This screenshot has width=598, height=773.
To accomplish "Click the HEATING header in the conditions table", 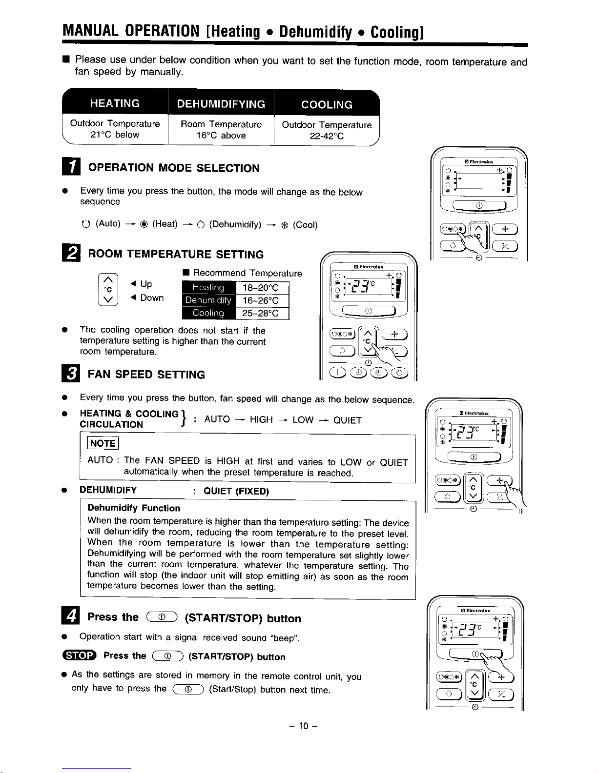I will click(x=115, y=103).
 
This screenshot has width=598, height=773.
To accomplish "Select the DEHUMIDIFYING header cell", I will click(x=221, y=104).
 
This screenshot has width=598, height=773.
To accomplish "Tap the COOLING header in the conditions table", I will click(x=327, y=104).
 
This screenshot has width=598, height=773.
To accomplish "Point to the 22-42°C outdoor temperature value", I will click(x=327, y=137).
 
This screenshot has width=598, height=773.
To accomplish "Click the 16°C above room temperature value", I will click(x=221, y=136).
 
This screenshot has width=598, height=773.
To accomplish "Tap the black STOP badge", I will click(x=84, y=656).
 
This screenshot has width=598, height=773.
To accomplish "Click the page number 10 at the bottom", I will click(x=304, y=726).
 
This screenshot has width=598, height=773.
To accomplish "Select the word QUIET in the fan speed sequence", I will click(x=347, y=420).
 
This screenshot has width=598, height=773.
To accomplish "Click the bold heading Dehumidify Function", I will click(x=134, y=508).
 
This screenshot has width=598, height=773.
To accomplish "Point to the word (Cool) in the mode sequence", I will click(x=305, y=225).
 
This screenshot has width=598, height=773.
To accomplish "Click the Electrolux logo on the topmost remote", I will click(x=479, y=161).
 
